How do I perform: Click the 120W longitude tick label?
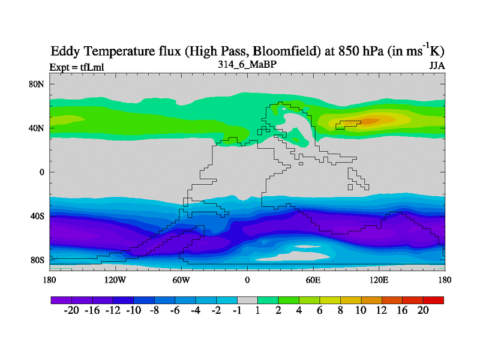115,280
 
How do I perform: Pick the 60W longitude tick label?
181,280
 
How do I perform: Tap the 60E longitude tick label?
313,280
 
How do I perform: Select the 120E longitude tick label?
379,280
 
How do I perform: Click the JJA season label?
436,65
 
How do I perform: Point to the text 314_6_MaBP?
247,64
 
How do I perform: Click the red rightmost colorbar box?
433,299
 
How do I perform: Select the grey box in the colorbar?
247,299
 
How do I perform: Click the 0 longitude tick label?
247,280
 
